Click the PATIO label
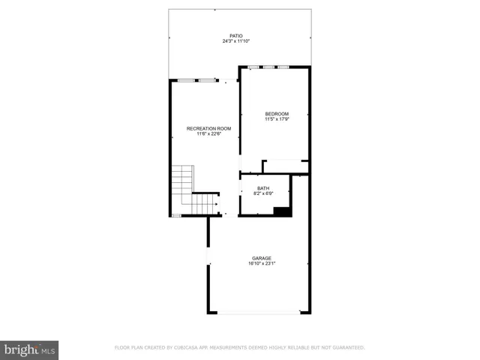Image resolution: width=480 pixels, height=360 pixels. click(236, 36)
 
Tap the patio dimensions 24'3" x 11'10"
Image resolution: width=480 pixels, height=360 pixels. click(236, 42)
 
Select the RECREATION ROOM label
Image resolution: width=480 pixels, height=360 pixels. click(208, 128)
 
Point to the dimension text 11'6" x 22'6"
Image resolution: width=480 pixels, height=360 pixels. click(208, 134)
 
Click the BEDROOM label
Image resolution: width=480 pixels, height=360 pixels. click(276, 113)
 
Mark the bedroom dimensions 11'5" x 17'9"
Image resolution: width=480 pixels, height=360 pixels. click(276, 119)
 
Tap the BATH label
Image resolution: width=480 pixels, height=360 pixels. click(263, 188)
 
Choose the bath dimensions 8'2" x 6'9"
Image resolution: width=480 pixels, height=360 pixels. click(263, 194)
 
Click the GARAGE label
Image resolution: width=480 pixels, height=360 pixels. click(262, 258)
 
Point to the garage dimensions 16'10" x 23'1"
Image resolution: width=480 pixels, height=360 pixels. click(262, 264)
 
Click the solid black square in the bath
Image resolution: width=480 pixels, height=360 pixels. click(282, 211)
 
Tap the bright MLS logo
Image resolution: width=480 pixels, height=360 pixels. click(29, 349)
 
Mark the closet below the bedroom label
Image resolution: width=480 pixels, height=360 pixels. click(285, 166)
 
